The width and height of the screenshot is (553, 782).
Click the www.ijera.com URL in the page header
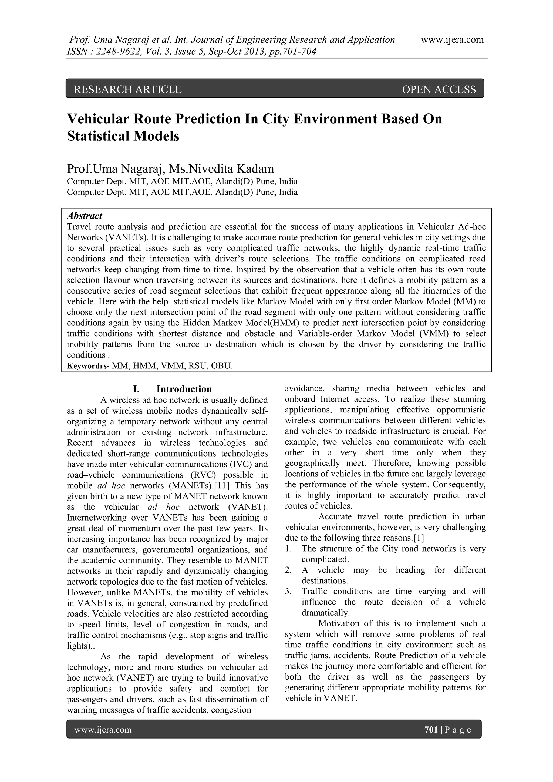tap(452, 39)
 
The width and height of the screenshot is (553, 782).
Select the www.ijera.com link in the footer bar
tap(103, 729)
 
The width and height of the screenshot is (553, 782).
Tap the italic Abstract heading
tap(85, 216)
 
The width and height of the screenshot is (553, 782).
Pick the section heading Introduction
tap(184, 389)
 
